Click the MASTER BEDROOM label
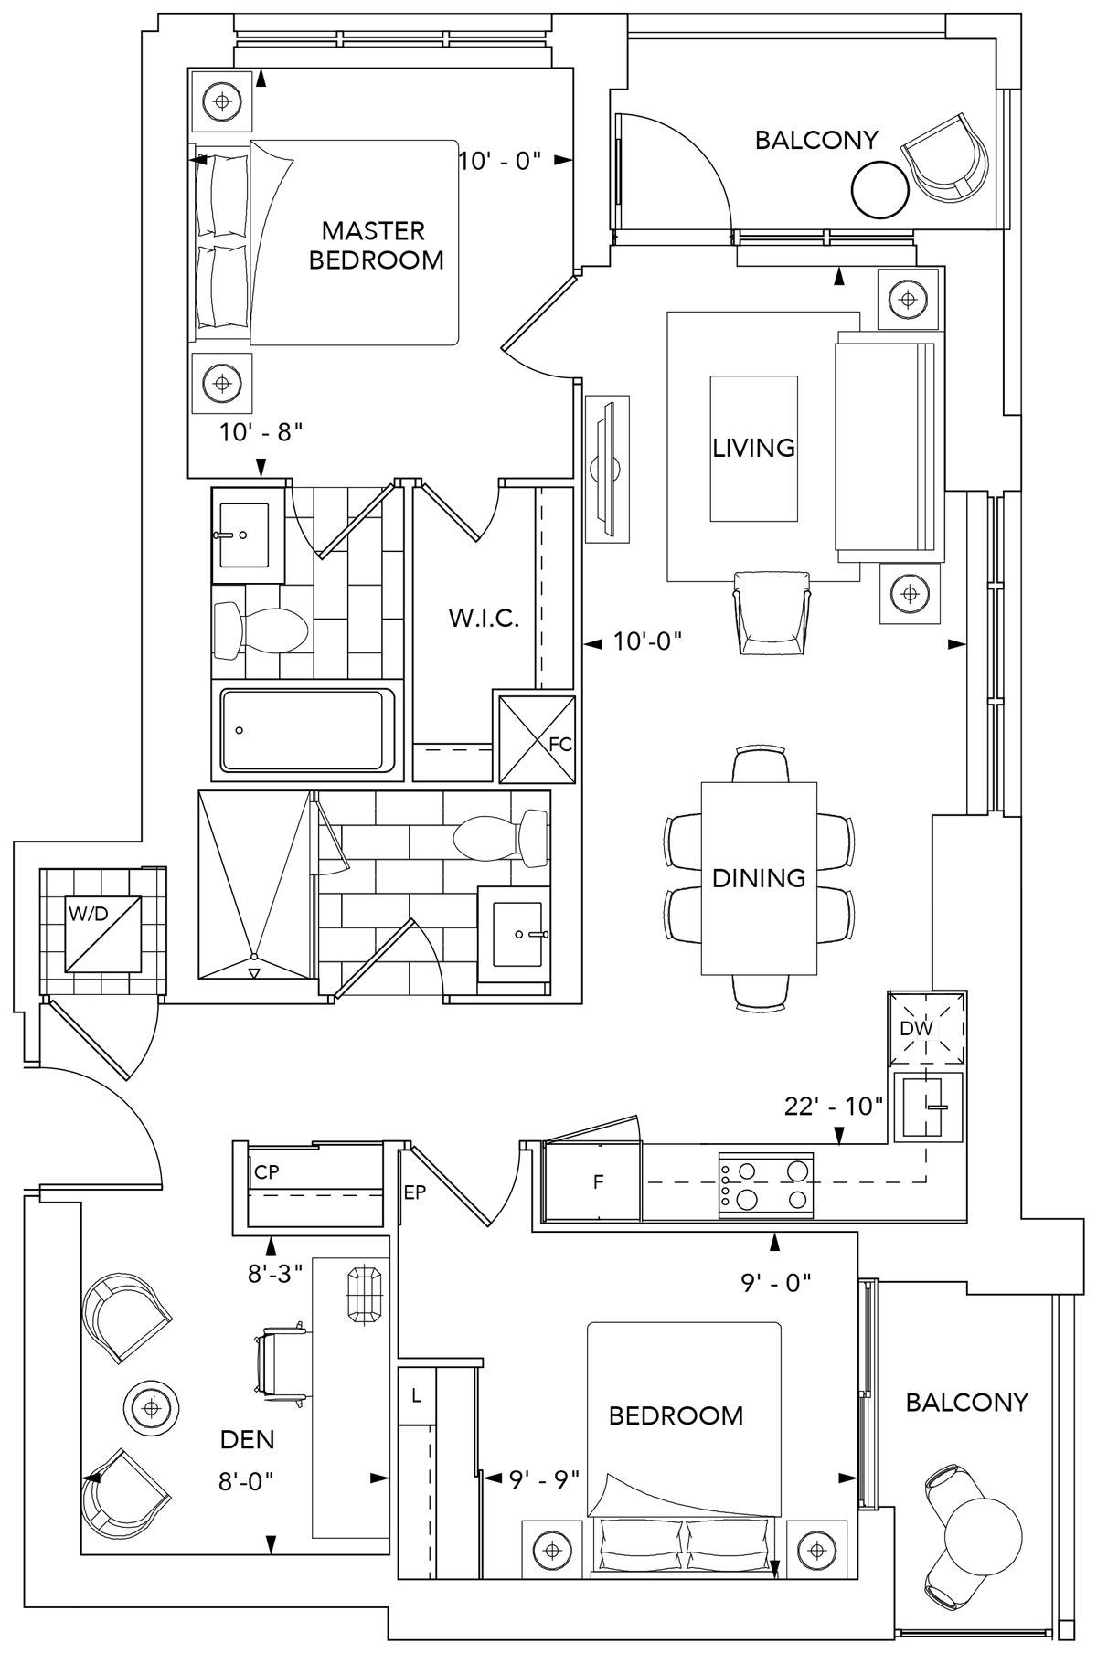pos(375,245)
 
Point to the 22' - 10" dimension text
pos(834,1107)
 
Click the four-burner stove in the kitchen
pos(766,1184)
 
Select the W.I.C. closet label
pos(484,619)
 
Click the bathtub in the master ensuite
pos(304,729)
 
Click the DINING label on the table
pos(759,878)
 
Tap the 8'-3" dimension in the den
pos(274,1274)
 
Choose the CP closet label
pos(267,1172)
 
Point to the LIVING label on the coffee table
pos(753,448)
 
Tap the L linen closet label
pos(417,1396)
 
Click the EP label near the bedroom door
pos(415,1192)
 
